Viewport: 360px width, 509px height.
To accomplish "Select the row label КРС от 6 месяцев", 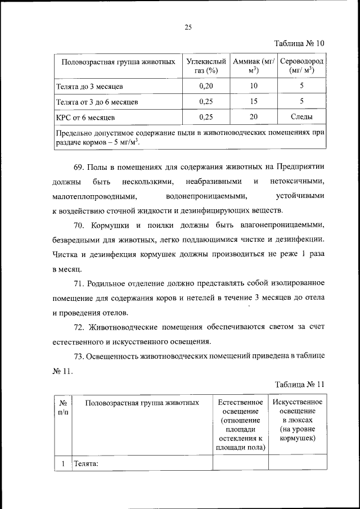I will pos(85,117).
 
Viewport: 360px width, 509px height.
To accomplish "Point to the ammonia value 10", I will pos(253,87).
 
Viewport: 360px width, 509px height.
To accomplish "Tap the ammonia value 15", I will pos(253,102).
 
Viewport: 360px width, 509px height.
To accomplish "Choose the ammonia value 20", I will pos(253,117).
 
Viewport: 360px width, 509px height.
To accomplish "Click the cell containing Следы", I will pos(301,117).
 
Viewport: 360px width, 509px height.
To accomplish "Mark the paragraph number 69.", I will pos(79,168).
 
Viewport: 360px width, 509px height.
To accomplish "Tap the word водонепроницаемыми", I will pos(206,196).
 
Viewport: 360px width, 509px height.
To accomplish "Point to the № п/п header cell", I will pos(64,408).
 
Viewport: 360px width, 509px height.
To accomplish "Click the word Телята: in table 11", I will pos(86,464).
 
